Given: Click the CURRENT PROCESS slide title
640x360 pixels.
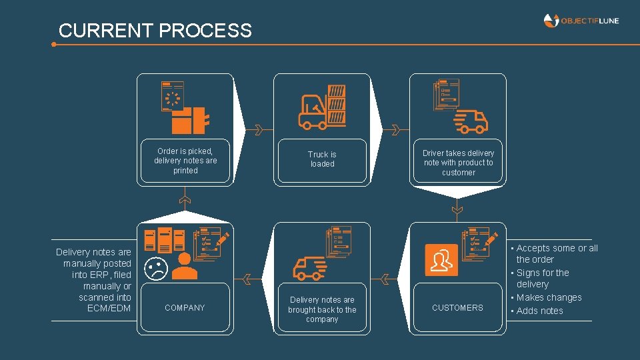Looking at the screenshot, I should [x=155, y=31].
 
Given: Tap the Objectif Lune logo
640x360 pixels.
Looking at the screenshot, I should [x=581, y=21].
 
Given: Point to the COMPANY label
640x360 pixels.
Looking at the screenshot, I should [x=185, y=308].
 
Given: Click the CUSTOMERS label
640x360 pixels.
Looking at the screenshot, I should [x=457, y=308].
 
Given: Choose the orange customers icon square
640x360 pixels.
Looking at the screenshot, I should [x=441, y=260].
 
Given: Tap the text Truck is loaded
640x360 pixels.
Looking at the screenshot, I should [x=322, y=159].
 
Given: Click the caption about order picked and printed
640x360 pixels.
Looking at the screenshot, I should [x=185, y=161].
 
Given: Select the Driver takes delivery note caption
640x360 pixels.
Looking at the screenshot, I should [x=458, y=163].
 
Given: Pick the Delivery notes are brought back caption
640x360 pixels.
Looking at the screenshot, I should [x=322, y=309].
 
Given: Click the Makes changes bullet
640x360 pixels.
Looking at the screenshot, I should [x=549, y=298].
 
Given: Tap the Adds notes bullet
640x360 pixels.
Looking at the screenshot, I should [x=539, y=311].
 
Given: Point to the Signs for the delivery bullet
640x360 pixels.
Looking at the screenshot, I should [x=542, y=279].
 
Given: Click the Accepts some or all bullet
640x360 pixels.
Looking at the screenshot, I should [x=557, y=254].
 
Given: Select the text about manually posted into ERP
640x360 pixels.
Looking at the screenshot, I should [x=94, y=280].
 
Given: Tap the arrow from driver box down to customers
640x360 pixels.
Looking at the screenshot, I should [x=457, y=207].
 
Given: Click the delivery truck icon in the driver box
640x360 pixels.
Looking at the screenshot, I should [x=471, y=121].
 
